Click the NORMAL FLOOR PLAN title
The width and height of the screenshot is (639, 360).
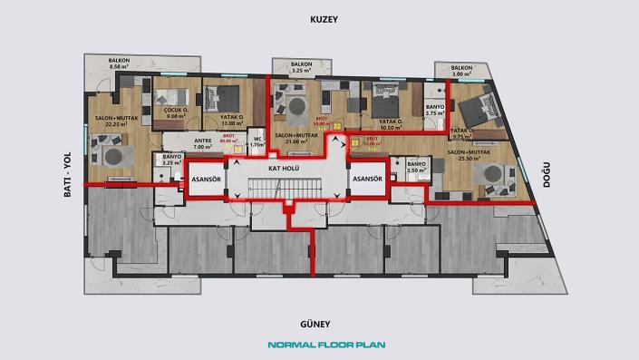tap(319, 345)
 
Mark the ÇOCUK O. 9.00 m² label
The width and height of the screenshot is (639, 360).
tap(175, 112)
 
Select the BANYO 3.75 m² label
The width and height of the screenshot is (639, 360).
tap(433, 113)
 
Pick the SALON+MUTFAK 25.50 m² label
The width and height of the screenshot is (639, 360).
tap(469, 156)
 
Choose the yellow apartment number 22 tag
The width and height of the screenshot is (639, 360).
tap(336, 127)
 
